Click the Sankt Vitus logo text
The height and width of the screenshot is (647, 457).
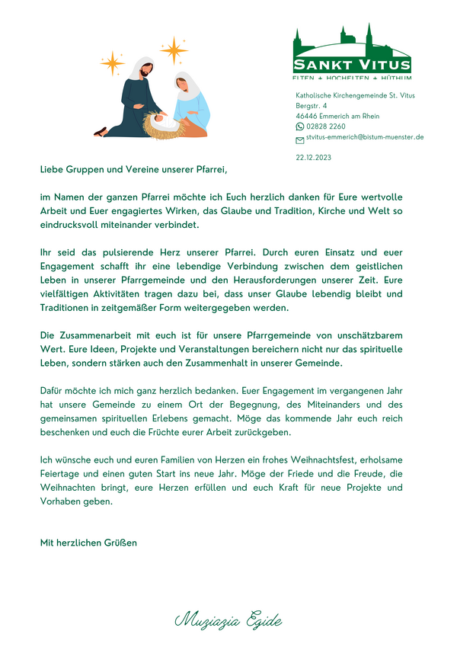click(x=352, y=64)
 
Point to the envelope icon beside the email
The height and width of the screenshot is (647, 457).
click(x=299, y=139)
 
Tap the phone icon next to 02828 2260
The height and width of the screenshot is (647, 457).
click(x=299, y=127)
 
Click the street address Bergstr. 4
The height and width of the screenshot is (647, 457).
click(x=312, y=105)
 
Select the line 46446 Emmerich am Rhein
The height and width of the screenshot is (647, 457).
click(x=337, y=116)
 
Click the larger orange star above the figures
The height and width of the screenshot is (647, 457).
click(x=174, y=50)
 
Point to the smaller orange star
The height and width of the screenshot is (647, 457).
click(x=112, y=63)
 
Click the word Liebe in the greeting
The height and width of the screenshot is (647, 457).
click(x=53, y=168)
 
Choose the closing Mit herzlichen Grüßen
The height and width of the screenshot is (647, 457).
click(x=88, y=543)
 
